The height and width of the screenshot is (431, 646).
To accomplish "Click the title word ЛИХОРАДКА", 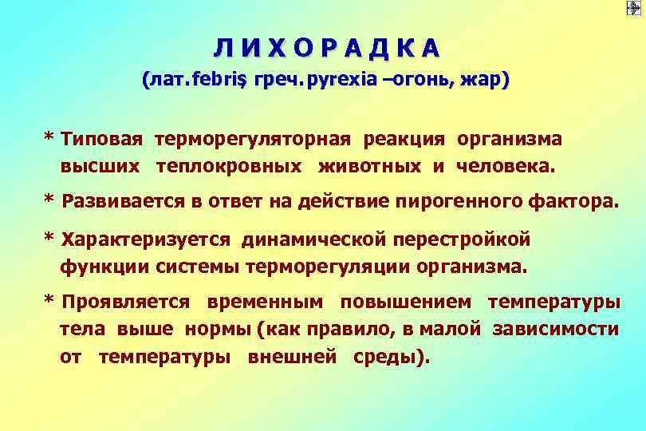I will (x=325, y=49).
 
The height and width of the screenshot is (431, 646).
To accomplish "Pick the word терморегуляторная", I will (x=253, y=139).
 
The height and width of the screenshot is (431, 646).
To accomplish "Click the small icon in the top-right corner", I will (x=635, y=9).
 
